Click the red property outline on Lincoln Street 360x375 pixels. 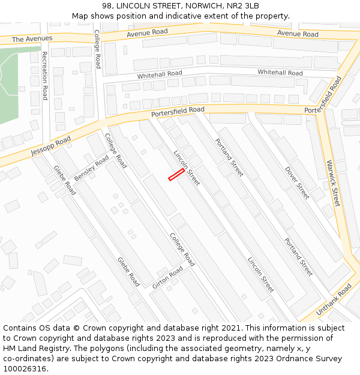[176, 175]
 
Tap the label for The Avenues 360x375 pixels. [32, 38]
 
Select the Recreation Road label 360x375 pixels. [44, 75]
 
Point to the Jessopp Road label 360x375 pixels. [51, 145]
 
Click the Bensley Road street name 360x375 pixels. [92, 169]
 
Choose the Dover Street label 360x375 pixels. [298, 182]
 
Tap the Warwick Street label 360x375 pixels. [333, 183]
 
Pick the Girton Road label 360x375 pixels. [167, 278]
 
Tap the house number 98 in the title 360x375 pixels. [107, 6]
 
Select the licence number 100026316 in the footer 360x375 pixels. [25, 369]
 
